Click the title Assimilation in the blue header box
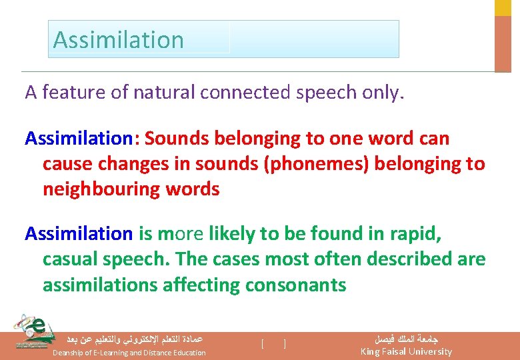pyautogui.click(x=118, y=40)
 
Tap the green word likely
pyautogui.click(x=232, y=234)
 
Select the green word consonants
pyautogui.click(x=295, y=285)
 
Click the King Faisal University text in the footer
pyautogui.click(x=405, y=352)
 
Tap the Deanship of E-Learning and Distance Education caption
pyautogui.click(x=129, y=353)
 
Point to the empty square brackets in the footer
pyautogui.click(x=274, y=344)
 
